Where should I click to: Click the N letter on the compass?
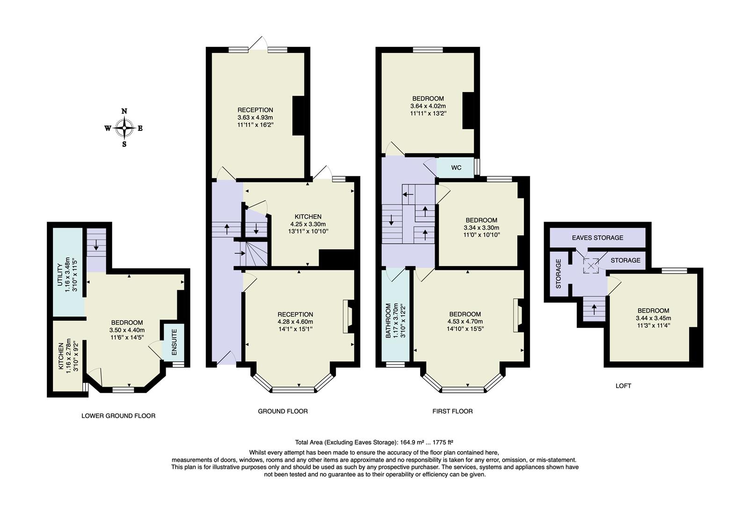click(x=124, y=111)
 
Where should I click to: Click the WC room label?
click(x=457, y=168)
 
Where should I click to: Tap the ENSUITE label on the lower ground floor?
click(x=174, y=342)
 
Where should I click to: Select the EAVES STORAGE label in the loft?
click(x=597, y=238)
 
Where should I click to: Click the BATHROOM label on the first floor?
click(x=388, y=321)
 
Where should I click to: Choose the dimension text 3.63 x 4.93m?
click(x=255, y=117)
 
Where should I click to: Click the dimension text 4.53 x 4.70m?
click(x=465, y=321)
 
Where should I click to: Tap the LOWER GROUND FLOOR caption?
click(x=118, y=415)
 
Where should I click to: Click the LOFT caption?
click(x=623, y=386)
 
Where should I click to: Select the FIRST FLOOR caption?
click(x=452, y=411)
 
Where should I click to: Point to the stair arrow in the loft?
click(x=594, y=308)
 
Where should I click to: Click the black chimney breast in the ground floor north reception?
click(x=299, y=116)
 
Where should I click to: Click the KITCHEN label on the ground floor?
click(x=308, y=216)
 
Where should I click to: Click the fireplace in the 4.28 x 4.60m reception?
click(x=347, y=317)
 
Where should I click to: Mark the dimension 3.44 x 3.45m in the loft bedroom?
click(x=653, y=318)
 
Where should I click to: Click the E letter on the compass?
click(x=140, y=128)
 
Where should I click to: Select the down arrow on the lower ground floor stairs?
click(x=96, y=245)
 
